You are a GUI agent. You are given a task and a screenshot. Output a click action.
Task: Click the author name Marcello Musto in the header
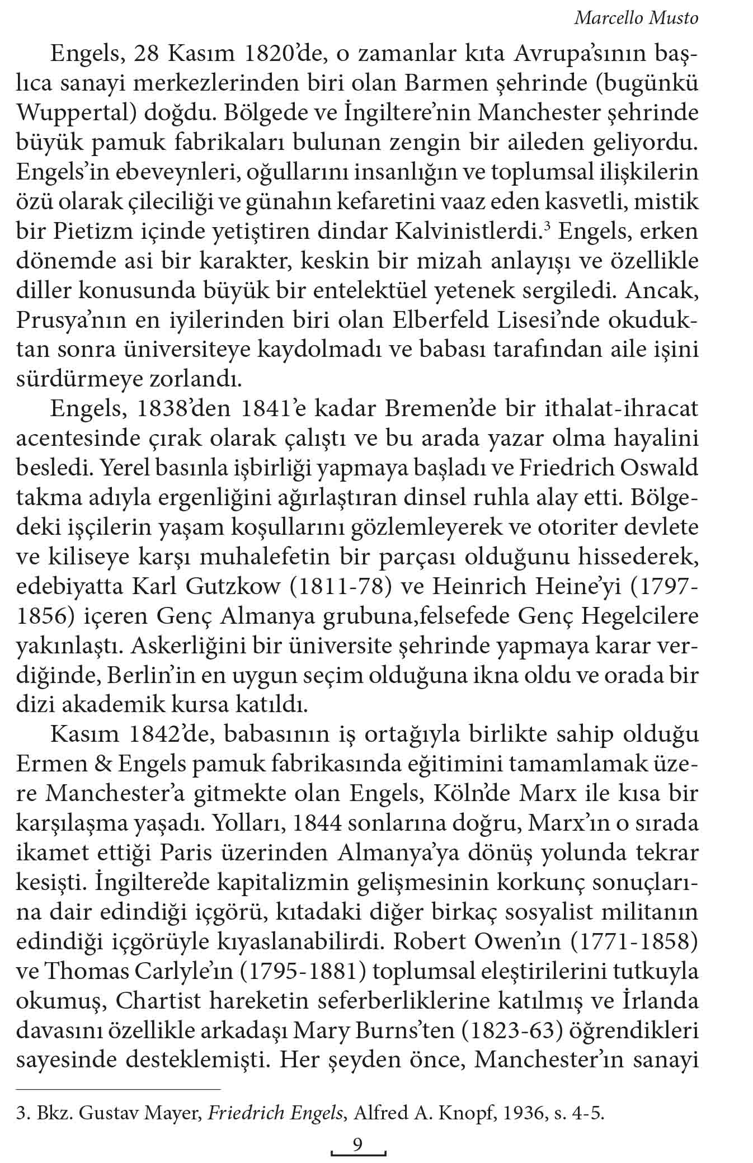637,18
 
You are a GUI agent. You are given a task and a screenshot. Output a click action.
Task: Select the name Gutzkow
233,586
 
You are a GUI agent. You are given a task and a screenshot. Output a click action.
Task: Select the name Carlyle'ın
183,971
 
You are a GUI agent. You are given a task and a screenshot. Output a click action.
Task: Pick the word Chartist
149,1001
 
